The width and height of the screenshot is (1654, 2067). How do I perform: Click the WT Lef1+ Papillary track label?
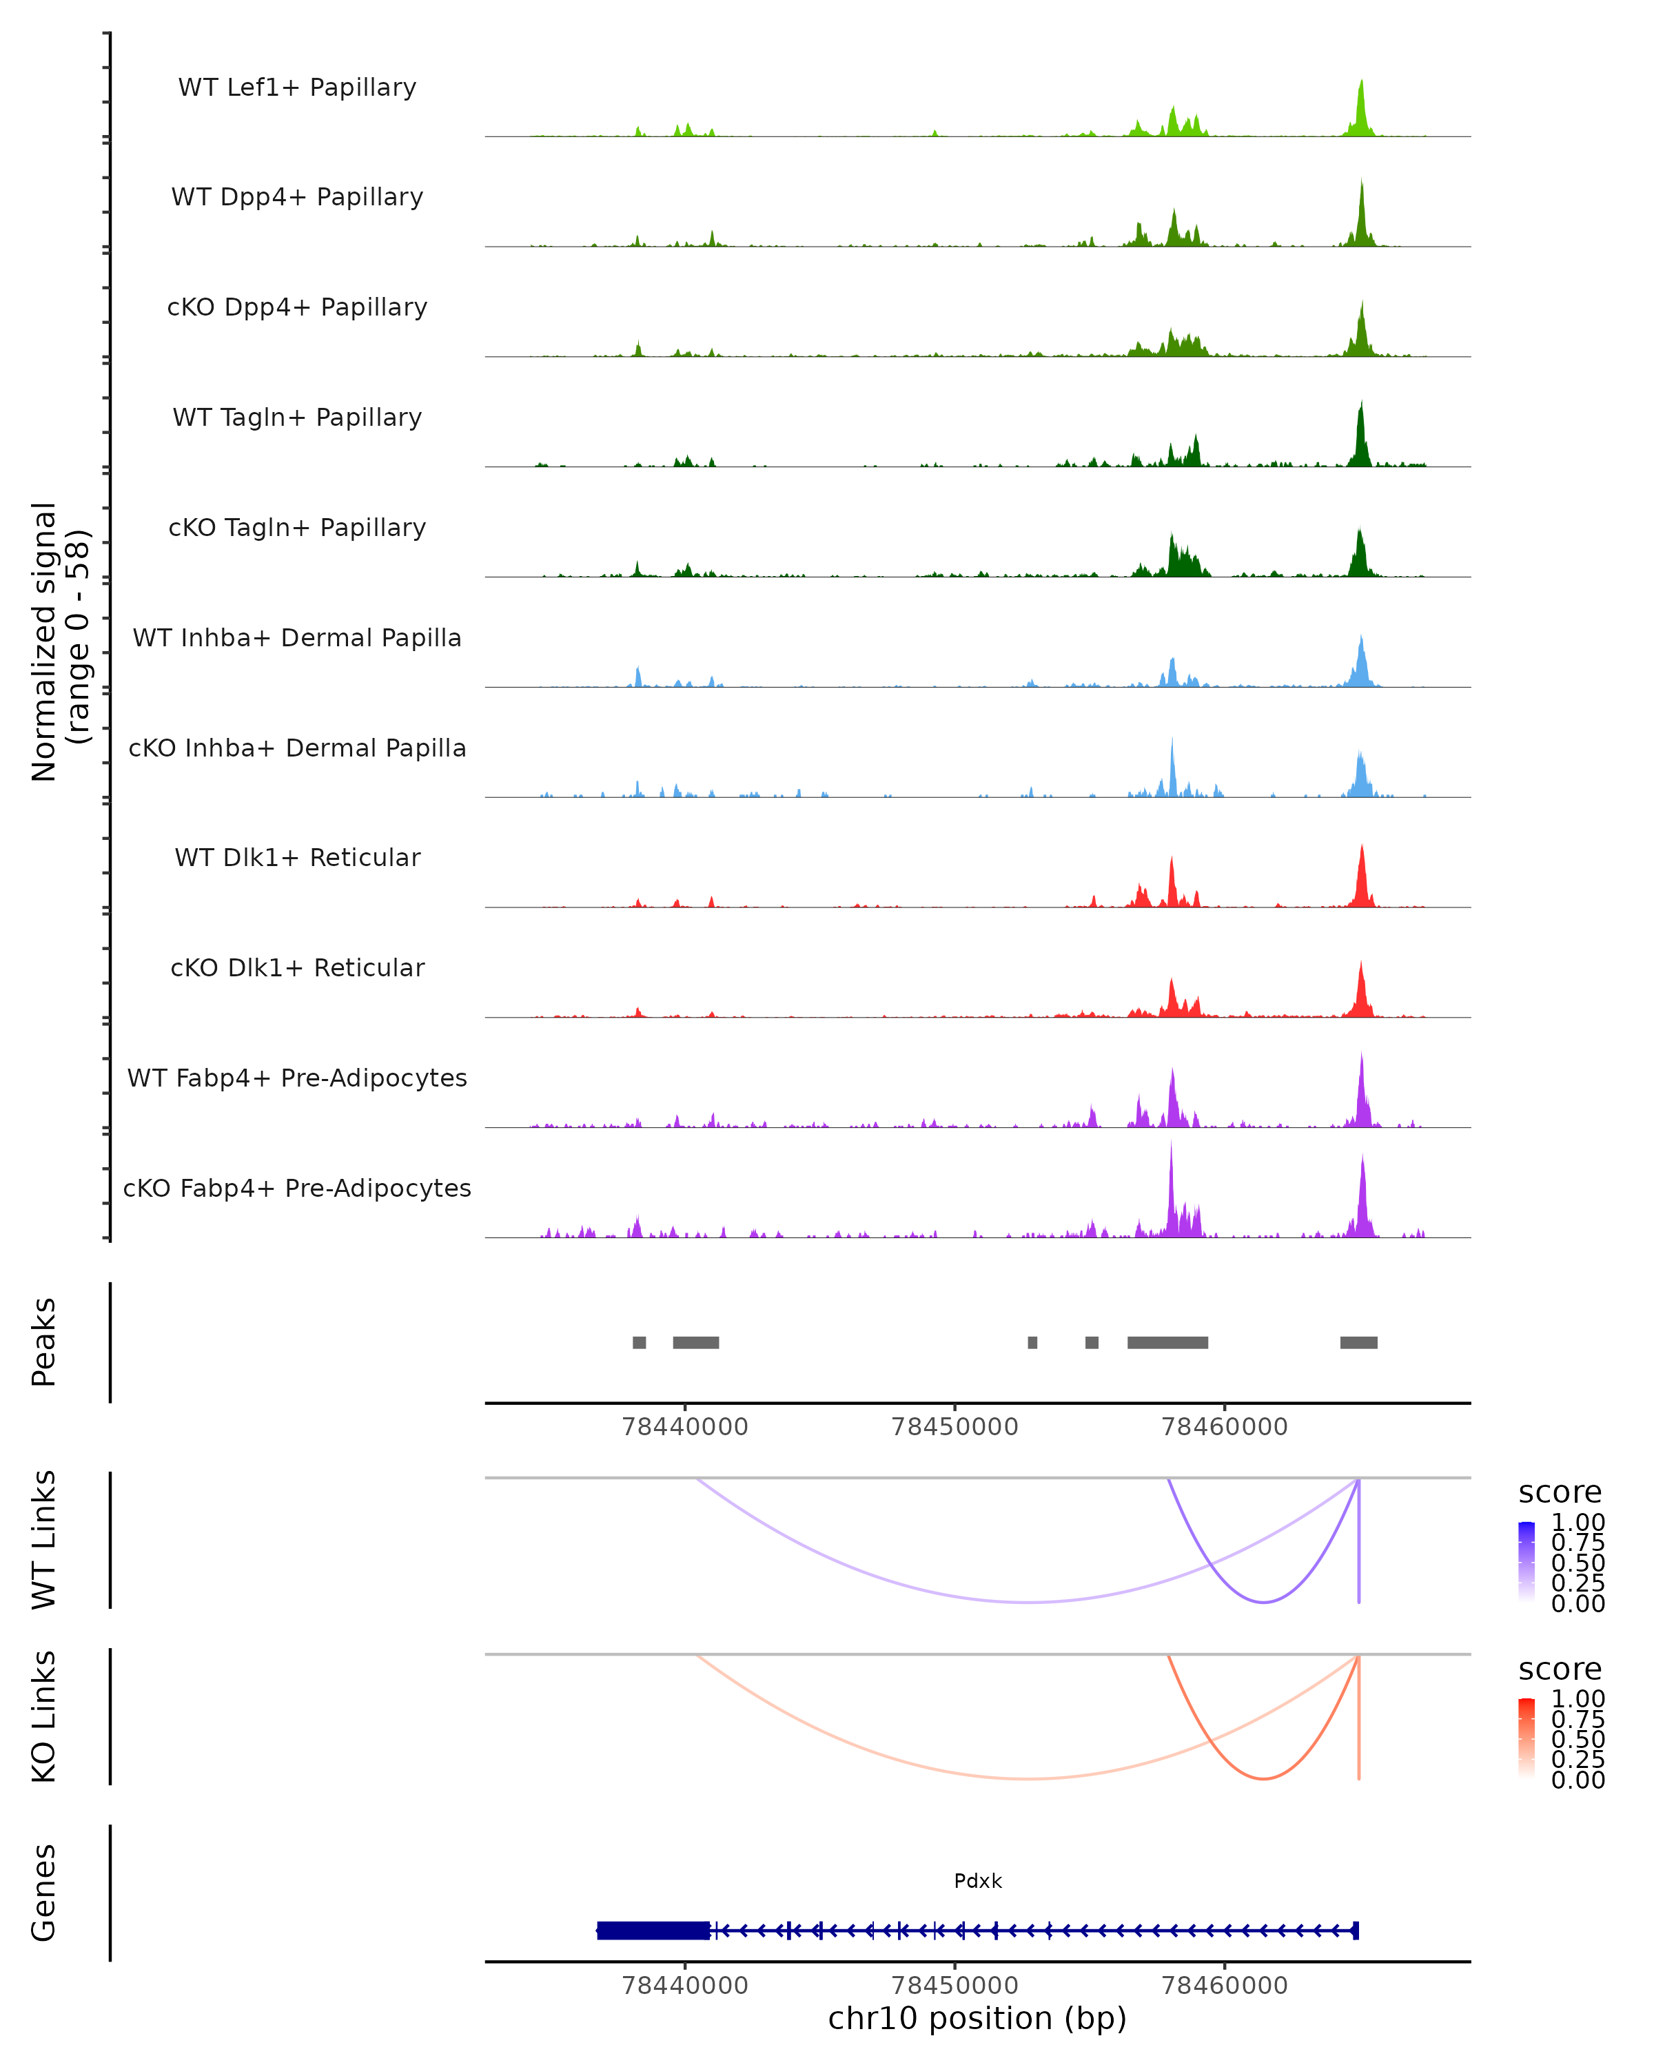pos(297,88)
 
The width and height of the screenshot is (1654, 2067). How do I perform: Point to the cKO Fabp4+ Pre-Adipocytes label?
pos(297,1188)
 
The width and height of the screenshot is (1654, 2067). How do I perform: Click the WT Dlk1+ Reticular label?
pos(297,857)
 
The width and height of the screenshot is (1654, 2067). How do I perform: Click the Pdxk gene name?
pos(977,1881)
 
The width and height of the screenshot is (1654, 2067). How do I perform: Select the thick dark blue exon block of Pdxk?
pos(653,1930)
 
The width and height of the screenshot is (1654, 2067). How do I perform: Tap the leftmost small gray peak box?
pos(639,1342)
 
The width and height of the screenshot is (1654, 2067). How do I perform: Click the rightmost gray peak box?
pos(1358,1342)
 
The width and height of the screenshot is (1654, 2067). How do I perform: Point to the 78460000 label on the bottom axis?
pos(1225,1986)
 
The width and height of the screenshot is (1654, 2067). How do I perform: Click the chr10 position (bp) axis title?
pos(977,2018)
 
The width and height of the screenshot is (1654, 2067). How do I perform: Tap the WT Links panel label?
pos(44,1540)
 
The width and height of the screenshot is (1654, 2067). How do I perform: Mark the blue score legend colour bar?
pos(1527,1562)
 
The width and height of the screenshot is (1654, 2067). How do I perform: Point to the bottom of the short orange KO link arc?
pos(1265,1778)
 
